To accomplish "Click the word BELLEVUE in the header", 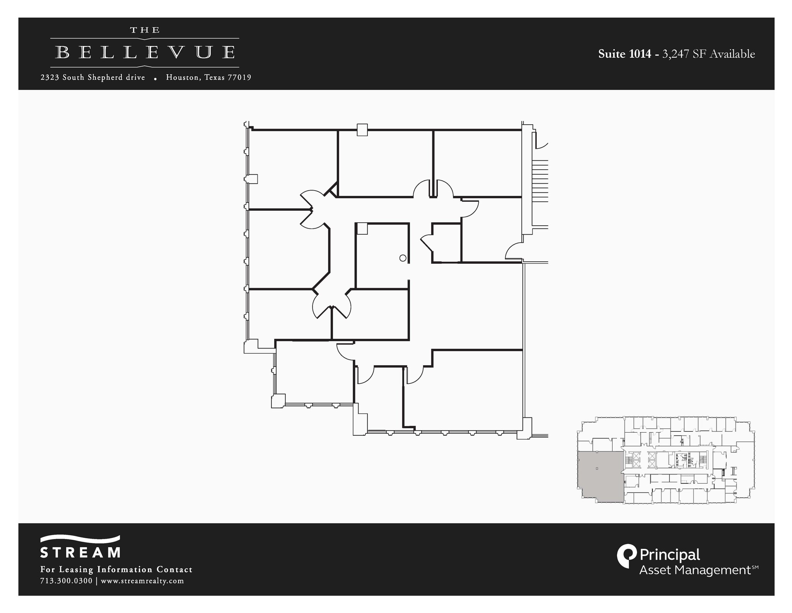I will click(145, 53).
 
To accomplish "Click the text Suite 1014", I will click(624, 54).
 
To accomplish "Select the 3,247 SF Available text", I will click(708, 54).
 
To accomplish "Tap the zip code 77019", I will click(239, 77).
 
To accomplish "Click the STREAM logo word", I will click(80, 552).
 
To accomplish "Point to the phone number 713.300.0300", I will click(66, 581).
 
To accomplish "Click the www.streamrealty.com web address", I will click(142, 581).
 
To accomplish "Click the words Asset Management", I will click(695, 570).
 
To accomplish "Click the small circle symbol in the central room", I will click(403, 258).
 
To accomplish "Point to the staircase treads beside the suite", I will click(540, 180).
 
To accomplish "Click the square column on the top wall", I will click(362, 130).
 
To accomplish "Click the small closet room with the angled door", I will click(446, 244).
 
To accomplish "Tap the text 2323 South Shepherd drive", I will click(93, 77).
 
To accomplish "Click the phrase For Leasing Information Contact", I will click(116, 569).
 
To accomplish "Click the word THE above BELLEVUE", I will click(145, 30).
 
